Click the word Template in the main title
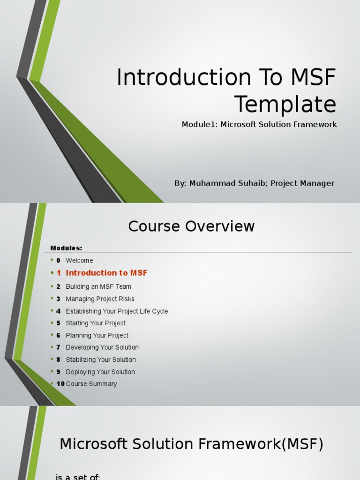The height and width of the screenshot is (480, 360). pyautogui.click(x=285, y=104)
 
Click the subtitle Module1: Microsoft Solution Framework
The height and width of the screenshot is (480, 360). pyautogui.click(x=259, y=124)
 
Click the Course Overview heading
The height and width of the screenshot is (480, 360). pyautogui.click(x=191, y=226)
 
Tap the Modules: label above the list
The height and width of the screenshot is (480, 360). pyautogui.click(x=66, y=248)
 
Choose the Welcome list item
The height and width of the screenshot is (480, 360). pyautogui.click(x=79, y=261)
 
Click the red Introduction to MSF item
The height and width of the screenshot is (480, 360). pyautogui.click(x=106, y=273)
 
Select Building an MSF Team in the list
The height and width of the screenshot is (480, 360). pyautogui.click(x=98, y=286)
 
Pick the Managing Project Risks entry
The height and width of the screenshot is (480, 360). pyautogui.click(x=100, y=299)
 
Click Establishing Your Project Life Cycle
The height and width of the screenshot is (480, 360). pyautogui.click(x=117, y=311)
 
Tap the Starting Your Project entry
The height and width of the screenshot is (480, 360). pyautogui.click(x=96, y=323)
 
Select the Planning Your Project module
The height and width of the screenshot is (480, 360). pyautogui.click(x=97, y=336)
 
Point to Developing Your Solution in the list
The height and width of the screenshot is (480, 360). pyautogui.click(x=102, y=347)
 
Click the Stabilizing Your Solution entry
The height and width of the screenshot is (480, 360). pyautogui.click(x=101, y=360)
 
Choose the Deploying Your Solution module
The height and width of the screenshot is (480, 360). pyautogui.click(x=100, y=372)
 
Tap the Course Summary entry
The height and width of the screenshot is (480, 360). pyautogui.click(x=91, y=384)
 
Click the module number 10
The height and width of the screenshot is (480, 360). pyautogui.click(x=60, y=384)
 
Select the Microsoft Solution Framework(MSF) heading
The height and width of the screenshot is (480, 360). pyautogui.click(x=191, y=444)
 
